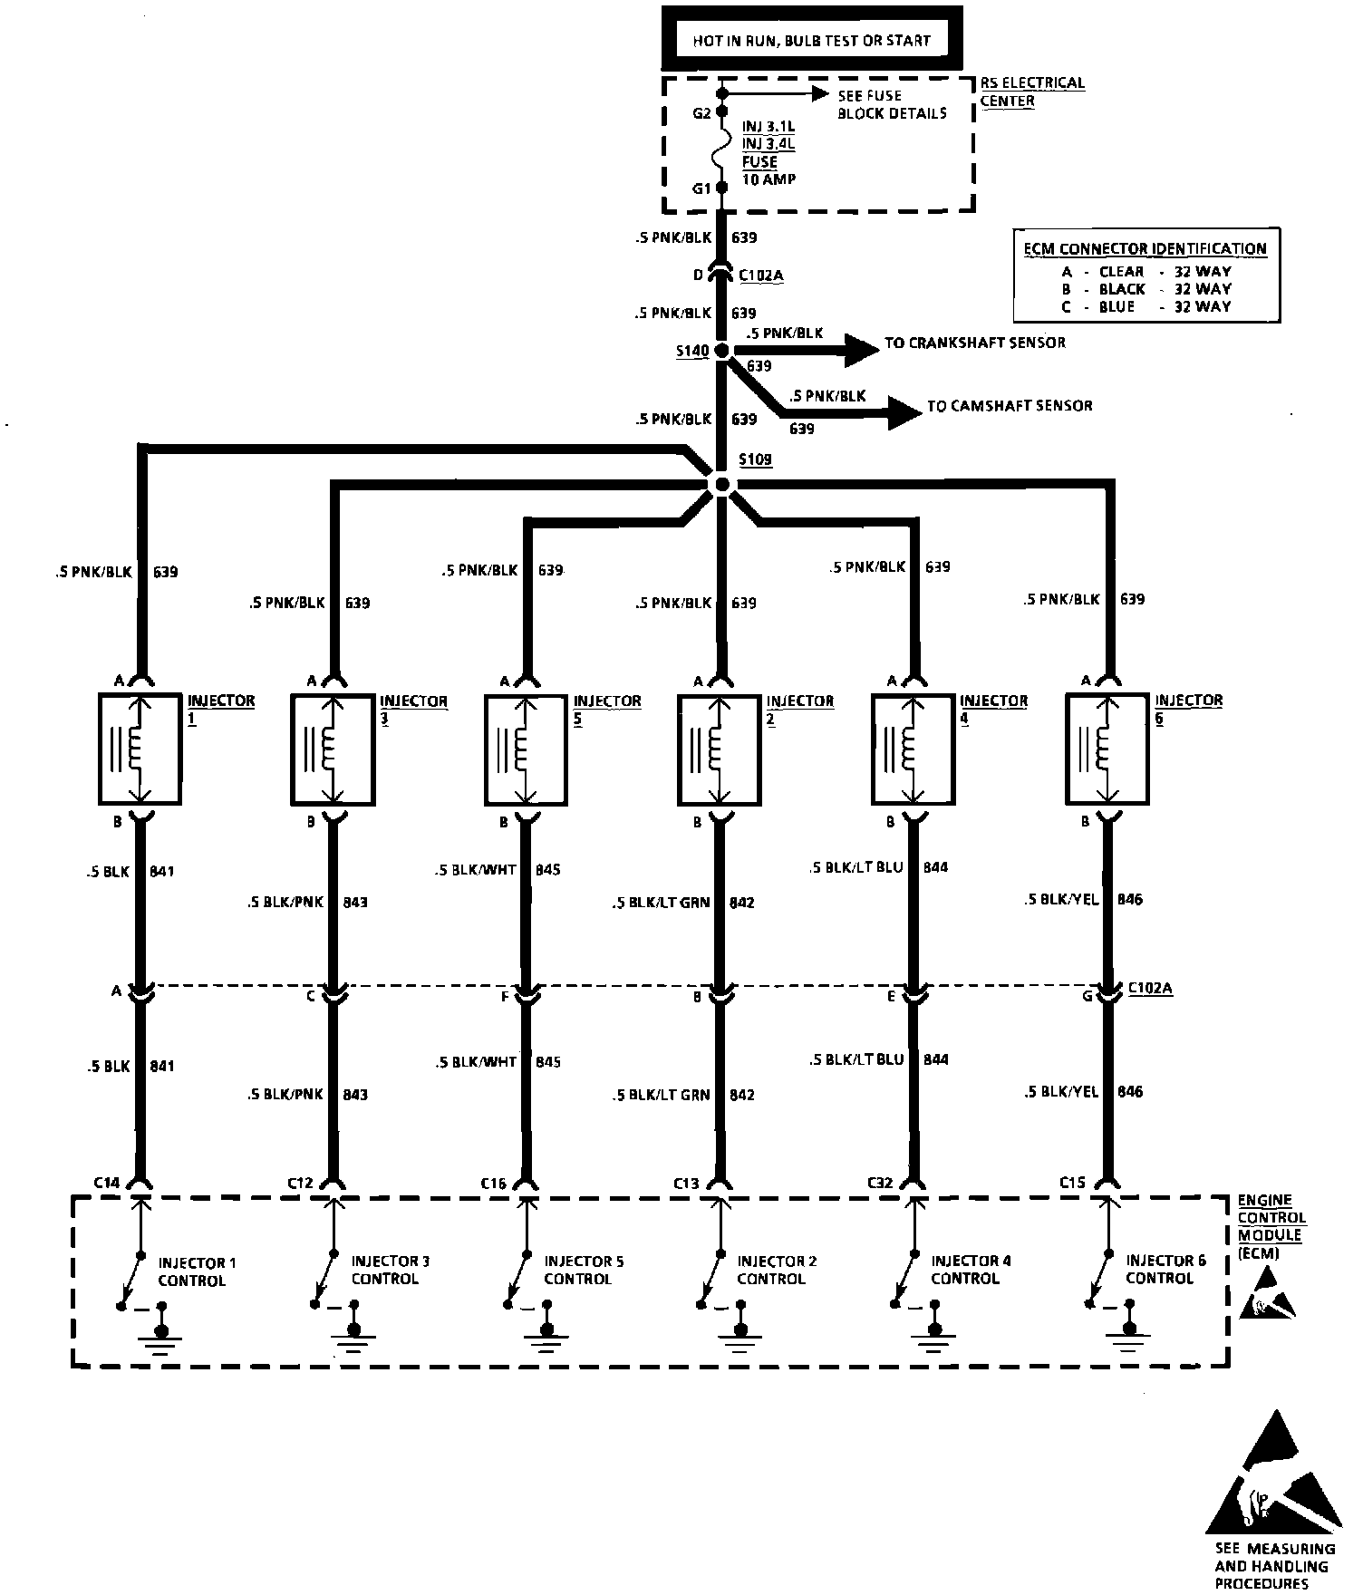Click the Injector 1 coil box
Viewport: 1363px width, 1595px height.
pyautogui.click(x=140, y=749)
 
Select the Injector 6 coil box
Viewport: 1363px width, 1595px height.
pyautogui.click(x=1107, y=749)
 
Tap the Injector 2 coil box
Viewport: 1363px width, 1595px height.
pyautogui.click(x=720, y=749)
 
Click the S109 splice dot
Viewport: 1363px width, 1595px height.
pyautogui.click(x=721, y=485)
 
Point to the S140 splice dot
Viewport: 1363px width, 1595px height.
pyautogui.click(x=721, y=351)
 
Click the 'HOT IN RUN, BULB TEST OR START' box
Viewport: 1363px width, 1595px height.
pyautogui.click(x=811, y=40)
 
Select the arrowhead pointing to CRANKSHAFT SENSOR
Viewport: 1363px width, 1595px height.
pyautogui.click(x=860, y=350)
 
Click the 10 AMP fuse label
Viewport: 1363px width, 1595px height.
pyautogui.click(x=768, y=179)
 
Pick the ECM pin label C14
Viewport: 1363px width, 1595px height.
pyautogui.click(x=106, y=1183)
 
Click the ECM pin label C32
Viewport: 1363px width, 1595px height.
pyautogui.click(x=879, y=1183)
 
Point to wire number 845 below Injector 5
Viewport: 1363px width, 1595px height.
pyautogui.click(x=548, y=870)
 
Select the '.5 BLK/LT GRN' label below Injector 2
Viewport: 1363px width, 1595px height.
pyautogui.click(x=661, y=903)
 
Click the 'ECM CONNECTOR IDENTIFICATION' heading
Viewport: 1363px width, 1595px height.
pyautogui.click(x=1145, y=248)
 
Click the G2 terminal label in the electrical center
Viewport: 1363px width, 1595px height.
pyautogui.click(x=701, y=113)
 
